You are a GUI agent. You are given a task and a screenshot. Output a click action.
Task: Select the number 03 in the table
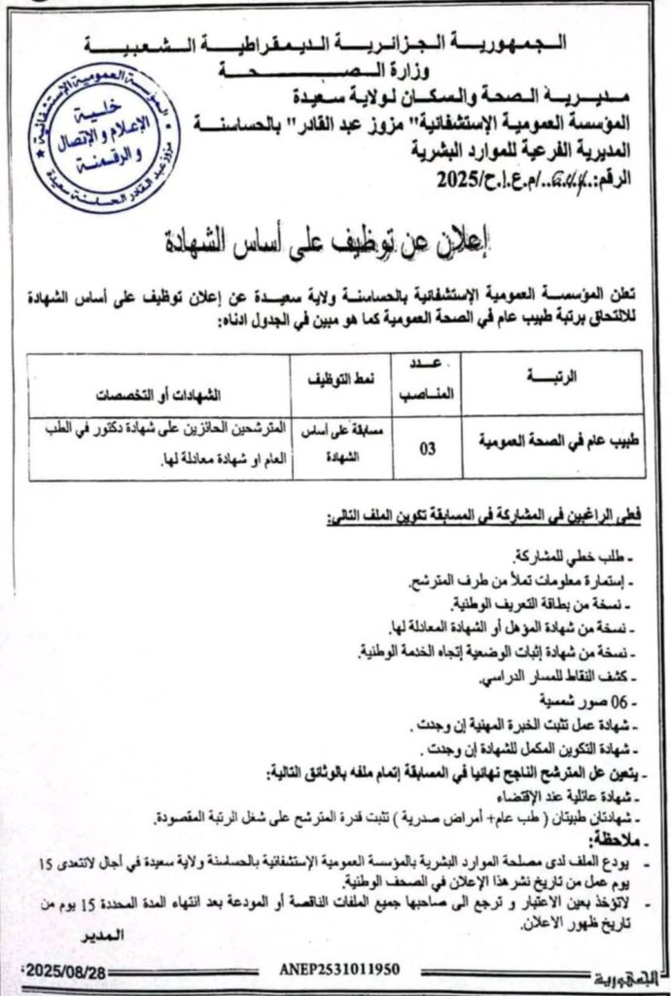pyautogui.click(x=427, y=449)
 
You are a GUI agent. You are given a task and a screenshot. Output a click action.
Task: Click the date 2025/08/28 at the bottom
pyautogui.click(x=66, y=971)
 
